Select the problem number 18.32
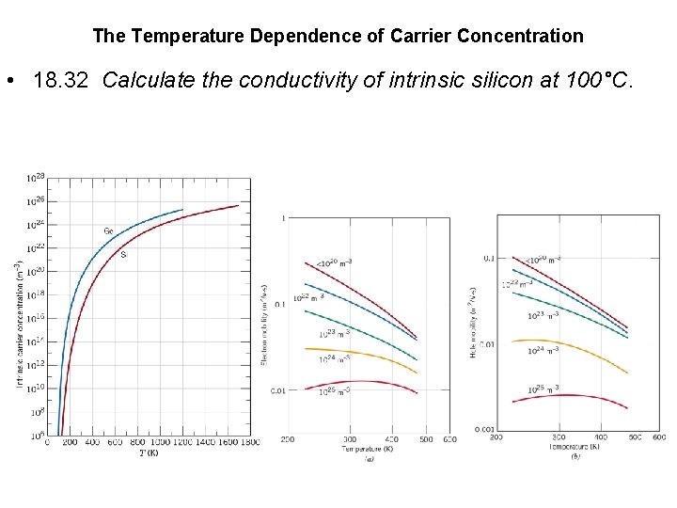tap(62, 80)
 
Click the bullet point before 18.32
tap(9, 80)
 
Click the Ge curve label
tap(109, 230)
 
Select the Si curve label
tap(124, 254)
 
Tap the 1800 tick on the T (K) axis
tap(250, 442)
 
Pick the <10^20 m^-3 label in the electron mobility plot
tap(333, 261)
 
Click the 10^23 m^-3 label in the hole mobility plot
tap(543, 315)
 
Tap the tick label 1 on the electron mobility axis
tap(284, 218)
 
